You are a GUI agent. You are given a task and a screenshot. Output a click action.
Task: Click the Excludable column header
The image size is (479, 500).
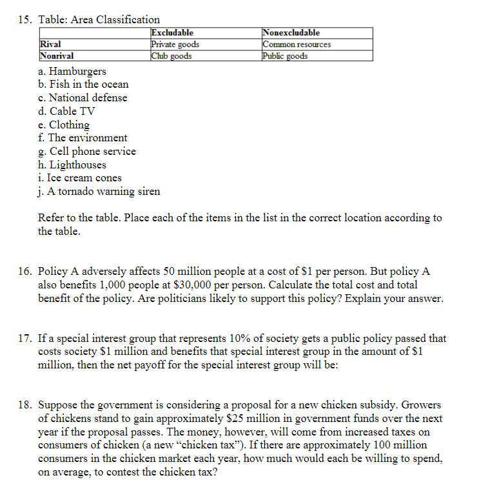172,33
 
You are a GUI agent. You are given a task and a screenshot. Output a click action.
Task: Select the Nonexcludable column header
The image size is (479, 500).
291,33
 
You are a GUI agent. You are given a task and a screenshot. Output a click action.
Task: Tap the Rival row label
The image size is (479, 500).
51,45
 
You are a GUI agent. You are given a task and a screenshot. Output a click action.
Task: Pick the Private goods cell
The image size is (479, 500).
175,45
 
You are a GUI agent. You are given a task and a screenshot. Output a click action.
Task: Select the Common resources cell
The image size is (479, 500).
297,45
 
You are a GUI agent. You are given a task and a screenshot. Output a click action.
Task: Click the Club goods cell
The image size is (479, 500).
171,56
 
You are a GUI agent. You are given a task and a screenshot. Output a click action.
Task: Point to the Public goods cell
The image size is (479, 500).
286,56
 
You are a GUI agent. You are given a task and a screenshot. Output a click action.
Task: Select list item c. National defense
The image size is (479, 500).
83,97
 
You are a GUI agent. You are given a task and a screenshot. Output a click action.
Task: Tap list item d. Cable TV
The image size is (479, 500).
67,111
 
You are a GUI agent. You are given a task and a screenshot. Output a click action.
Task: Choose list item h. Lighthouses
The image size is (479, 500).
72,165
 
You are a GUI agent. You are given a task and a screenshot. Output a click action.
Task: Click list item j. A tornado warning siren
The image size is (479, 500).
99,191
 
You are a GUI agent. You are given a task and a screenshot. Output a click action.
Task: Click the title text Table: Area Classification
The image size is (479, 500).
99,19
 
